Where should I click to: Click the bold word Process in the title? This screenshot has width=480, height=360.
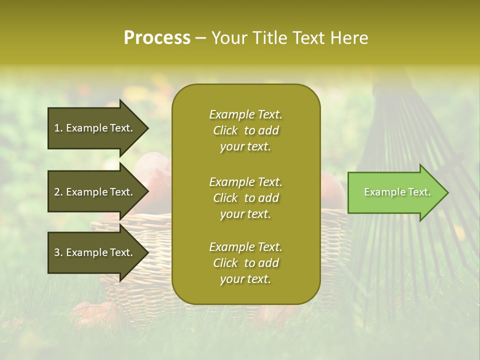coord(157,38)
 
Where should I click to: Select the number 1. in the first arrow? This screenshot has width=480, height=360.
coord(58,128)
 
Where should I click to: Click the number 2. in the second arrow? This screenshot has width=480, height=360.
coord(58,192)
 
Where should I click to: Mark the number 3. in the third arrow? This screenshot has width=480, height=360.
coord(58,252)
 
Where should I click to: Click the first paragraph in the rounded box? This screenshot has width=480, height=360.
coord(245,130)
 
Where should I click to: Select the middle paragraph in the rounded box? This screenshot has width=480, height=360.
coord(245,198)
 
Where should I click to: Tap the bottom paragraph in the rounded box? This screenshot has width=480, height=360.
coord(245,263)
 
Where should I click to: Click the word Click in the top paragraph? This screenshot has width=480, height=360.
coord(225,130)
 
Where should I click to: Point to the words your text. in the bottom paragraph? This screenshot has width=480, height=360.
coord(245,279)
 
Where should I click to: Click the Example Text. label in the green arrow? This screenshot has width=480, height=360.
coord(397,192)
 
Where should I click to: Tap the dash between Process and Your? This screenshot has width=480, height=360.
coord(200,38)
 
